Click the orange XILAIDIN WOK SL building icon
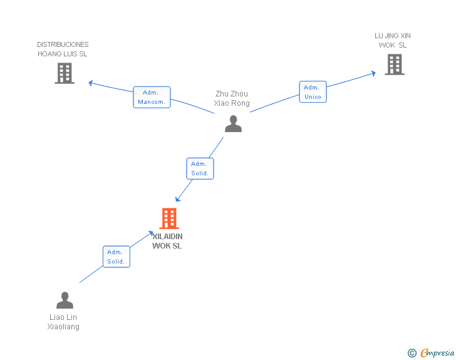click(169, 219)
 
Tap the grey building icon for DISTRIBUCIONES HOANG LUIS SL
click(64, 73)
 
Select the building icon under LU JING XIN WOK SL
click(394, 64)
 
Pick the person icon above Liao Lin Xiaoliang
click(65, 301)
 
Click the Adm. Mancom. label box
click(152, 97)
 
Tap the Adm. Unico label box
click(313, 92)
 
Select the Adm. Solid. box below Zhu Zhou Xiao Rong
click(200, 168)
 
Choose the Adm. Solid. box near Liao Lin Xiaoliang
click(116, 257)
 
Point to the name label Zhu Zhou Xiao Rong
click(232, 99)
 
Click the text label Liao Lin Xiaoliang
click(64, 322)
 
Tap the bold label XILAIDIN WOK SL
click(167, 241)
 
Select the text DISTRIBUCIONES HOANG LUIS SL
click(63, 49)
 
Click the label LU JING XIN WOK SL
click(393, 40)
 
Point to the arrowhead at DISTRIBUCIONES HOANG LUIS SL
click(91, 83)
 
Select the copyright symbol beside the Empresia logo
click(412, 353)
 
